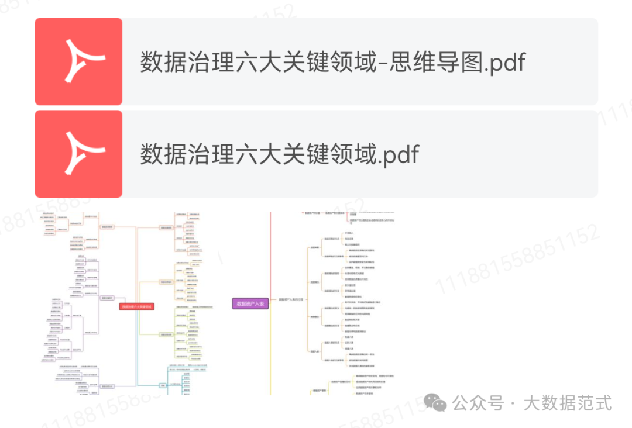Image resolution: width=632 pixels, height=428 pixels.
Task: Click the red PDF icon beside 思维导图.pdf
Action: pos(78,61)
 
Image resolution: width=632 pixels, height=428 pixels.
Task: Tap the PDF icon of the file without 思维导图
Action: pos(78,154)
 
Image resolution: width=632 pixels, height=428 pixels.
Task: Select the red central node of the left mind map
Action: pos(137,306)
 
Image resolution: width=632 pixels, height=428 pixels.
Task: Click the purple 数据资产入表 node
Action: pos(250,303)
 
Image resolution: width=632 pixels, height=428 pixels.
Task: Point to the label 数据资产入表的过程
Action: pos(290,300)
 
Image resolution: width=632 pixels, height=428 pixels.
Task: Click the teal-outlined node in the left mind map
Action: pos(163,385)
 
